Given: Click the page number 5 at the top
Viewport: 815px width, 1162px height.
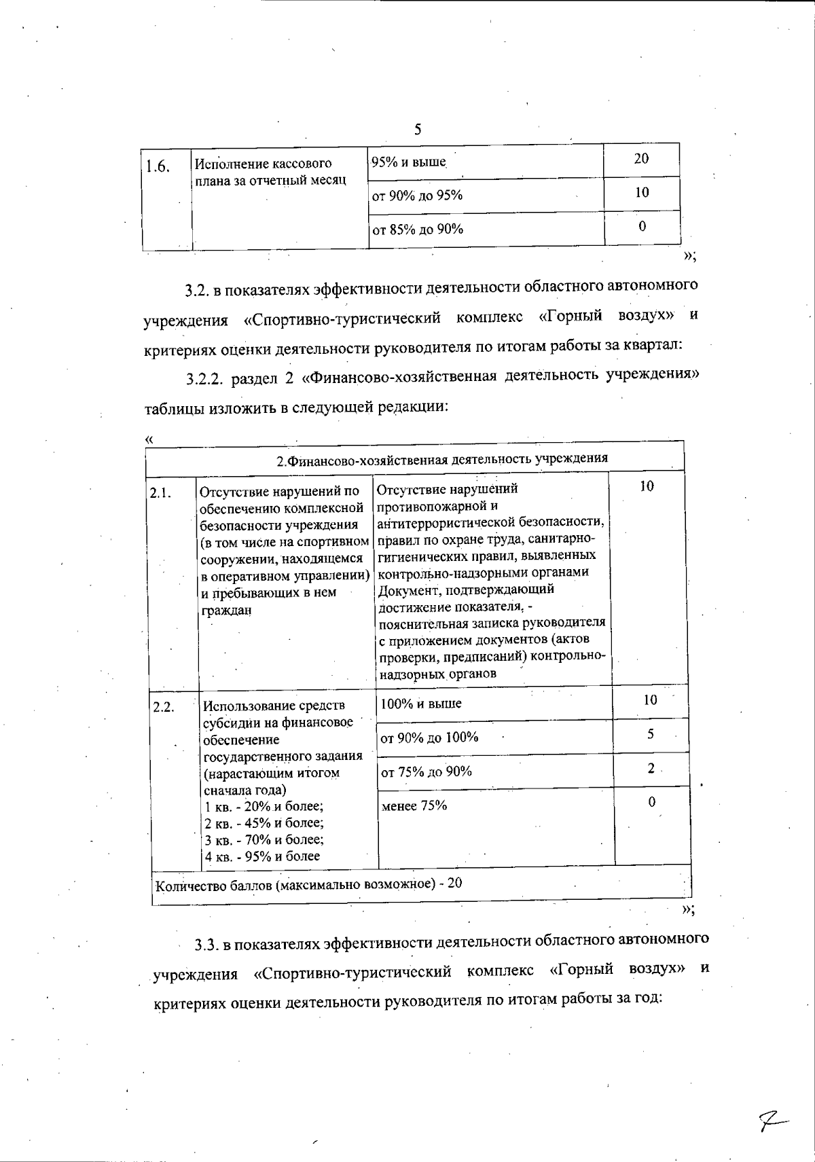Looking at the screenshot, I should (418, 130).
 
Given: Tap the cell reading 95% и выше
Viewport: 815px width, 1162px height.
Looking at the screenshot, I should (408, 162).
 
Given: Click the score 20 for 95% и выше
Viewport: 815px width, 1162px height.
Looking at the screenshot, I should (641, 158).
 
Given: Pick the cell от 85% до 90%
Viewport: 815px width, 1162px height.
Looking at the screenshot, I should (418, 229).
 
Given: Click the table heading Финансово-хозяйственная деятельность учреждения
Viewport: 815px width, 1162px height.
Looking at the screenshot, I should (441, 459).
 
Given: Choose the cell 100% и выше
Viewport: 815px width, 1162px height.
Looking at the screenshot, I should (421, 704).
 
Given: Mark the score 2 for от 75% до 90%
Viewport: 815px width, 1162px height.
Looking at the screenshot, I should (651, 768).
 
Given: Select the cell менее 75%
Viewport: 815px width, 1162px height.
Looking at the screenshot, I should (414, 806).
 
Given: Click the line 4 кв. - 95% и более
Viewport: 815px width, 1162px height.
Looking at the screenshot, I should (262, 856).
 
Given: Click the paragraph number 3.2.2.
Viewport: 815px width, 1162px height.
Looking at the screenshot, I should (206, 378).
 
